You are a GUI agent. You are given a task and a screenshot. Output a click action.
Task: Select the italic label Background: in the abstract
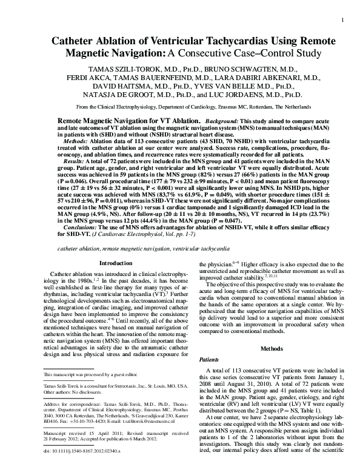(221, 121)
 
